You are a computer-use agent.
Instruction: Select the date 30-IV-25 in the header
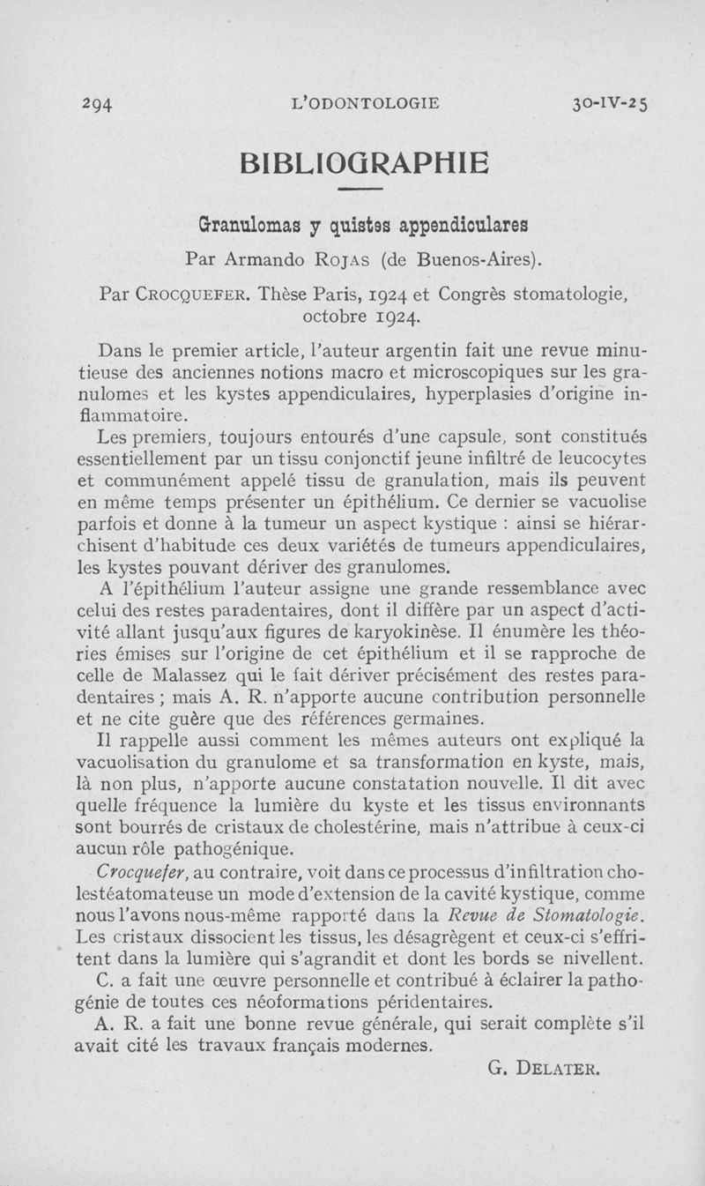609,102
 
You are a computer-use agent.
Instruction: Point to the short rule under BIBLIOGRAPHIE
359,190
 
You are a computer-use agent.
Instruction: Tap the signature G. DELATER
544,1070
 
